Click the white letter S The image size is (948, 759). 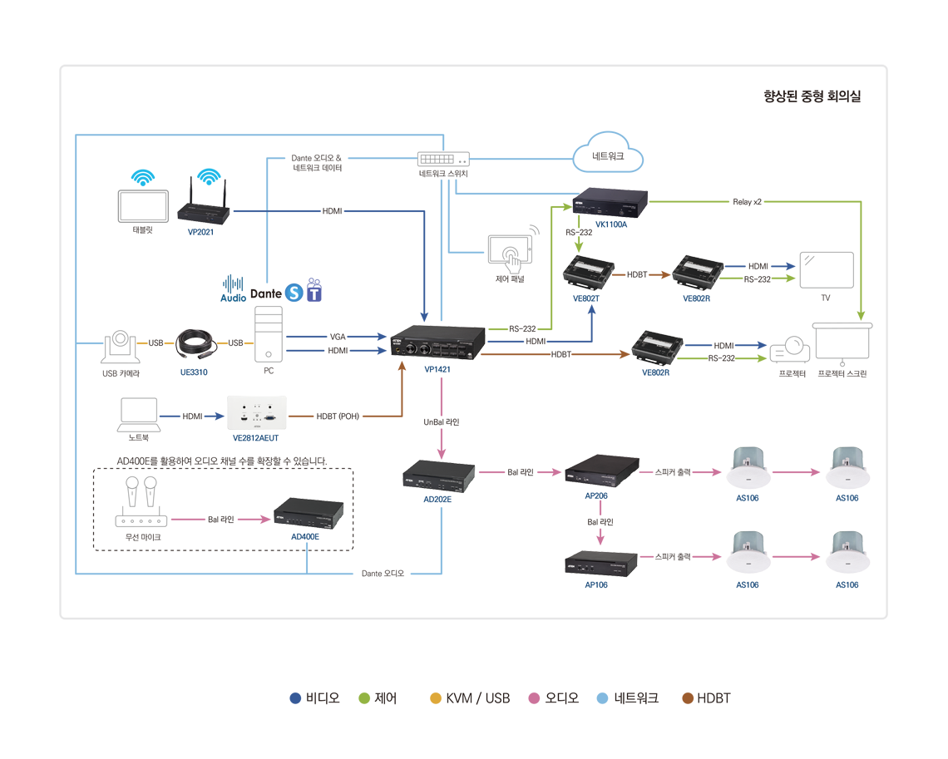(294, 294)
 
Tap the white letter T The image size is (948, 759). (314, 295)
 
